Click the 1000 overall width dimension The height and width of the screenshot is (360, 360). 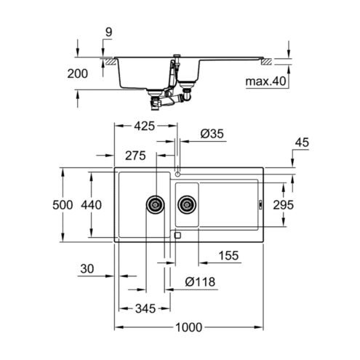(x=188, y=327)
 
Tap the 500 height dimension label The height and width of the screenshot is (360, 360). (x=63, y=205)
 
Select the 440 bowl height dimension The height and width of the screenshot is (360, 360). (x=91, y=205)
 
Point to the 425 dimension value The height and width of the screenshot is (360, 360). (x=145, y=126)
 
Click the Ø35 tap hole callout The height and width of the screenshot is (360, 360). (x=212, y=134)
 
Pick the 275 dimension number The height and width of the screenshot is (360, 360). (x=135, y=156)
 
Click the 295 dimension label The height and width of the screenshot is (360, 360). (x=283, y=205)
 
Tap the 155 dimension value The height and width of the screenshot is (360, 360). (x=228, y=255)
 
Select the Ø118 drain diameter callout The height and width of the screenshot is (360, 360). (x=200, y=281)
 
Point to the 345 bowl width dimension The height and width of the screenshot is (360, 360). (x=145, y=308)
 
